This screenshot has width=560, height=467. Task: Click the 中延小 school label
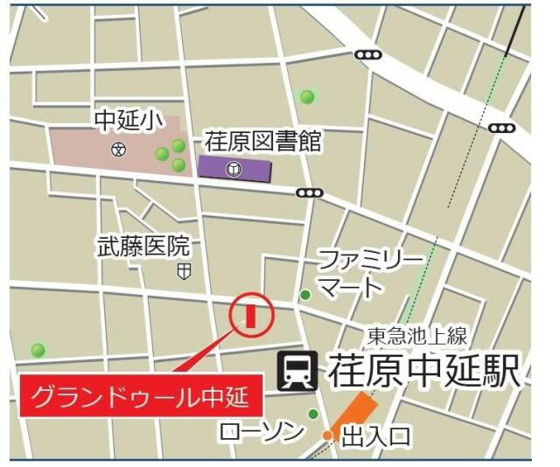tap(128, 121)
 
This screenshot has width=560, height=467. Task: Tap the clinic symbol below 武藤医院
tap(183, 272)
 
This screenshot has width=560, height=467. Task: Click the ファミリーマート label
tap(367, 272)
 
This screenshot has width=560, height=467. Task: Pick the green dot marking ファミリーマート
tap(305, 295)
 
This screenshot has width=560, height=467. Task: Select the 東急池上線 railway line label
tap(418, 333)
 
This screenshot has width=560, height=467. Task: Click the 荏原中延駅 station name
tap(424, 371)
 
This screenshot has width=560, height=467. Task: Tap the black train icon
tap(296, 372)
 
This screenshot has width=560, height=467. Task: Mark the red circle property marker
tap(250, 314)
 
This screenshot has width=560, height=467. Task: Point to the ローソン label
tap(262, 431)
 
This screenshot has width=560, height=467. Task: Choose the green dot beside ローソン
tap(312, 414)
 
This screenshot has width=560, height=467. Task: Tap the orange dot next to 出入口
tap(327, 435)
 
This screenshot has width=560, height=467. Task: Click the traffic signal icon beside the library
tap(309, 192)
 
